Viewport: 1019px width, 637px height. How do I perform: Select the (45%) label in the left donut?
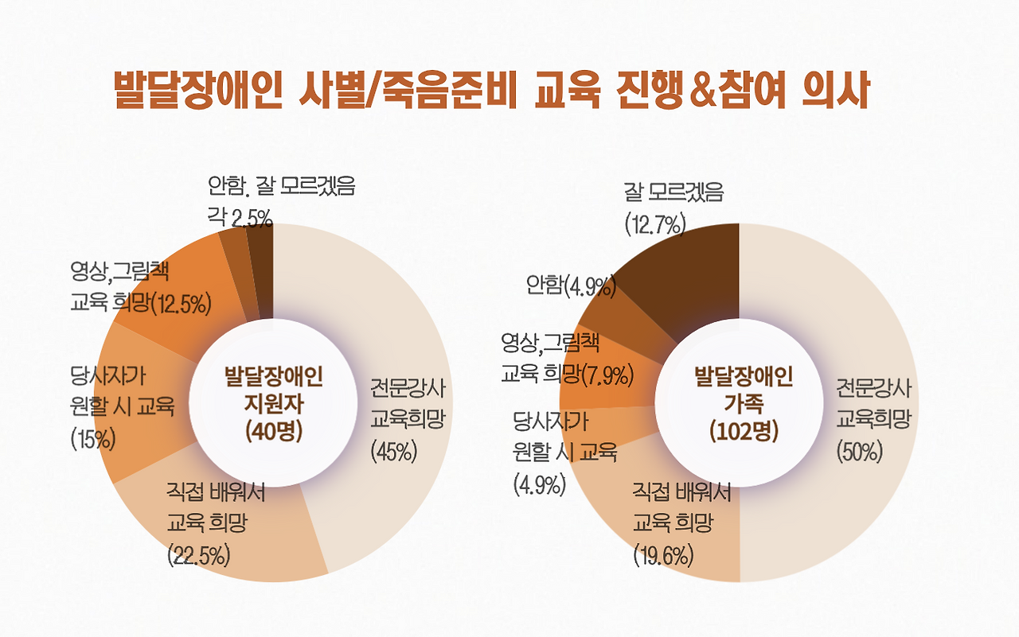click(x=394, y=451)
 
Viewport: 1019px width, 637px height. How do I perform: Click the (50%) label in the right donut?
click(x=860, y=451)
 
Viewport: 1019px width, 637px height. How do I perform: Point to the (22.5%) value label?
click(x=199, y=554)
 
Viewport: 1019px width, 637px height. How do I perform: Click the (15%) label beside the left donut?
click(x=93, y=438)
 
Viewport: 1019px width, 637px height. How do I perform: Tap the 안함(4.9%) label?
click(x=572, y=285)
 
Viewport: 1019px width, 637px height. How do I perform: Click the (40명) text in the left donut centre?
click(x=274, y=430)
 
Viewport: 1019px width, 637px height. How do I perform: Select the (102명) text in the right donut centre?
click(x=744, y=431)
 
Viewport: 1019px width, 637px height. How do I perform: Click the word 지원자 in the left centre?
click(x=274, y=403)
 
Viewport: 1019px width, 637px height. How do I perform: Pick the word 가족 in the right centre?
click(x=744, y=403)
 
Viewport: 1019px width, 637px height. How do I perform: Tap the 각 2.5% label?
click(x=240, y=216)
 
